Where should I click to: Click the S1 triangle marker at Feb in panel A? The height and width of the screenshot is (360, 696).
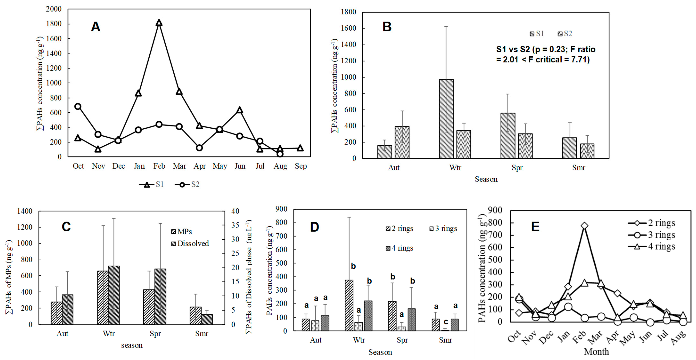159,23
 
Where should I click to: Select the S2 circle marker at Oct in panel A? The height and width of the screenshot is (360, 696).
78,106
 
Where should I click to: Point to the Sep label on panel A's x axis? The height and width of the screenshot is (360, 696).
300,166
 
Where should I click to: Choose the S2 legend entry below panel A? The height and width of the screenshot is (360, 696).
188,184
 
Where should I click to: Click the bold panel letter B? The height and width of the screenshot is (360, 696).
387,27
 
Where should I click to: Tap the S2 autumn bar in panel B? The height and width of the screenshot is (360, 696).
402,142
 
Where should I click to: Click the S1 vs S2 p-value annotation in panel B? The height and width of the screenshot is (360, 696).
545,54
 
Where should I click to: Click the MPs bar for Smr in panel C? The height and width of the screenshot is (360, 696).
195,316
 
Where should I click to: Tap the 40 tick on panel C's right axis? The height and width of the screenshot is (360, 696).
235,211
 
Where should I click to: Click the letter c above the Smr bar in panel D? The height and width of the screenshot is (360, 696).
446,322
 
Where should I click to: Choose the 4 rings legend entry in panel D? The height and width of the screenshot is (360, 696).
400,248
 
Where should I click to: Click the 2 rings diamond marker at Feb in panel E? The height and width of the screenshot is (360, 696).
584,226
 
